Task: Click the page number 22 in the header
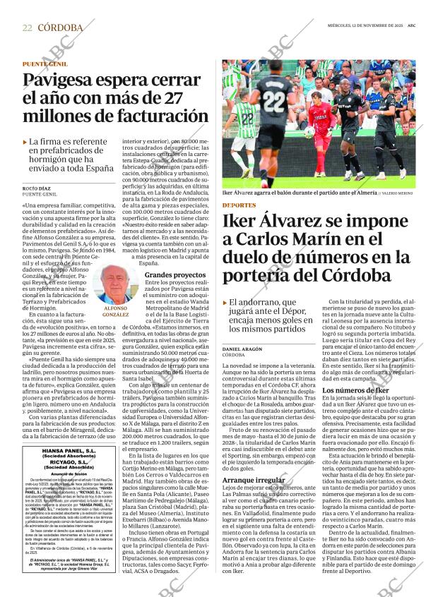pos(28,28)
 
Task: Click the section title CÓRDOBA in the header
pos(60,28)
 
